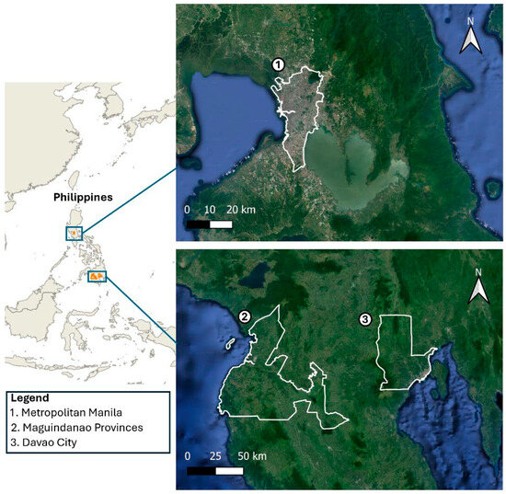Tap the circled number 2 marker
(245, 316)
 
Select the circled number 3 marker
(365, 319)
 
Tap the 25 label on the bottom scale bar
(215, 456)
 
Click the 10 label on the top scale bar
(209, 210)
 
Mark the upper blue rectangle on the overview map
(75, 235)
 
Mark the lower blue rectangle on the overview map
(97, 276)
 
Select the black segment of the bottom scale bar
(201, 470)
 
